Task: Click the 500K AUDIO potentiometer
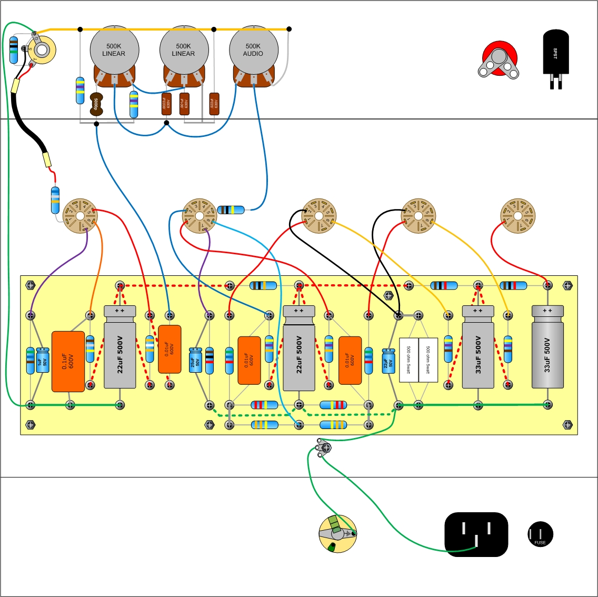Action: [253, 51]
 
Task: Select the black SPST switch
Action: [555, 53]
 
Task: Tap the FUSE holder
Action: [540, 534]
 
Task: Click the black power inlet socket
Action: [476, 534]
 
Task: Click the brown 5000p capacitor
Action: [96, 104]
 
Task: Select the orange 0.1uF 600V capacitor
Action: [68, 361]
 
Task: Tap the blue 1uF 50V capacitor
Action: [43, 361]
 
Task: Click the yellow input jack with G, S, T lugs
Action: [42, 49]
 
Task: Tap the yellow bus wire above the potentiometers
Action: [158, 29]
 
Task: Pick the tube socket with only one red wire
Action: [517, 216]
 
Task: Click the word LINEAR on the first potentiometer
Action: [114, 54]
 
